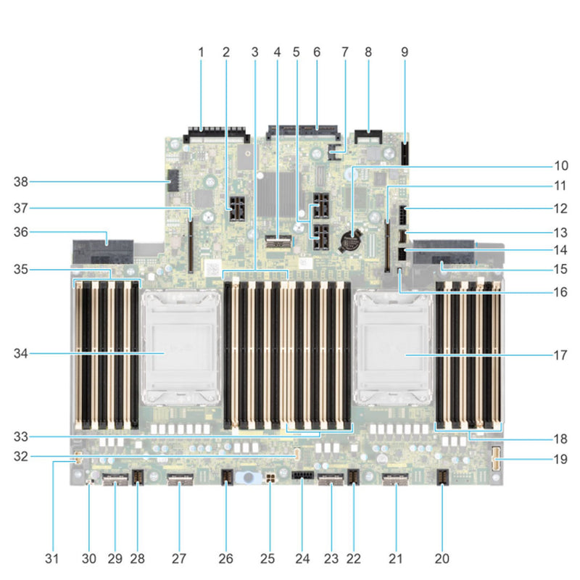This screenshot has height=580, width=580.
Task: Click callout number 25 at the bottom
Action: click(x=270, y=558)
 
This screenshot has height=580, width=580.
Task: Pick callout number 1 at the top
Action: click(x=201, y=52)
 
